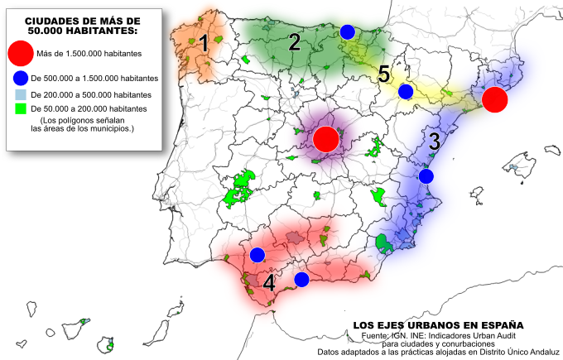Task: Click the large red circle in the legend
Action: click(22, 53)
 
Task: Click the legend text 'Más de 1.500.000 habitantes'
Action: click(89, 54)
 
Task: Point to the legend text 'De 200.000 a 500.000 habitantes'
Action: click(91, 94)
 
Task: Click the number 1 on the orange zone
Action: click(203, 45)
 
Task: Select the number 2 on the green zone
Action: click(294, 44)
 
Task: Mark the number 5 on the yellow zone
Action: click(383, 74)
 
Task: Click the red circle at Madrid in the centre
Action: click(326, 138)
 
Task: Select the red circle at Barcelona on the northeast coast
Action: click(494, 99)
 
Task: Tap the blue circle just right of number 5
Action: click(406, 91)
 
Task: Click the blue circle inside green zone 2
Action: click(347, 31)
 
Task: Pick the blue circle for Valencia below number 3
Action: click(426, 175)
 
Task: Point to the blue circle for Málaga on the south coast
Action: click(301, 279)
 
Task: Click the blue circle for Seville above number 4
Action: click(257, 254)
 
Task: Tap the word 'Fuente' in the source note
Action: click(376, 335)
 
